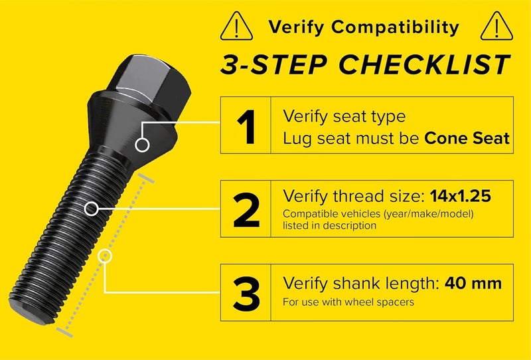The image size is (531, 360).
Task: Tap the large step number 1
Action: (247, 126)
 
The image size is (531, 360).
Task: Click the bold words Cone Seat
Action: (467, 138)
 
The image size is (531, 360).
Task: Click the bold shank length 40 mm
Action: (473, 284)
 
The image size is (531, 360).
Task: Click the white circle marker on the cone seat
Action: (141, 144)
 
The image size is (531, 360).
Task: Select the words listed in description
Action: (329, 226)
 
